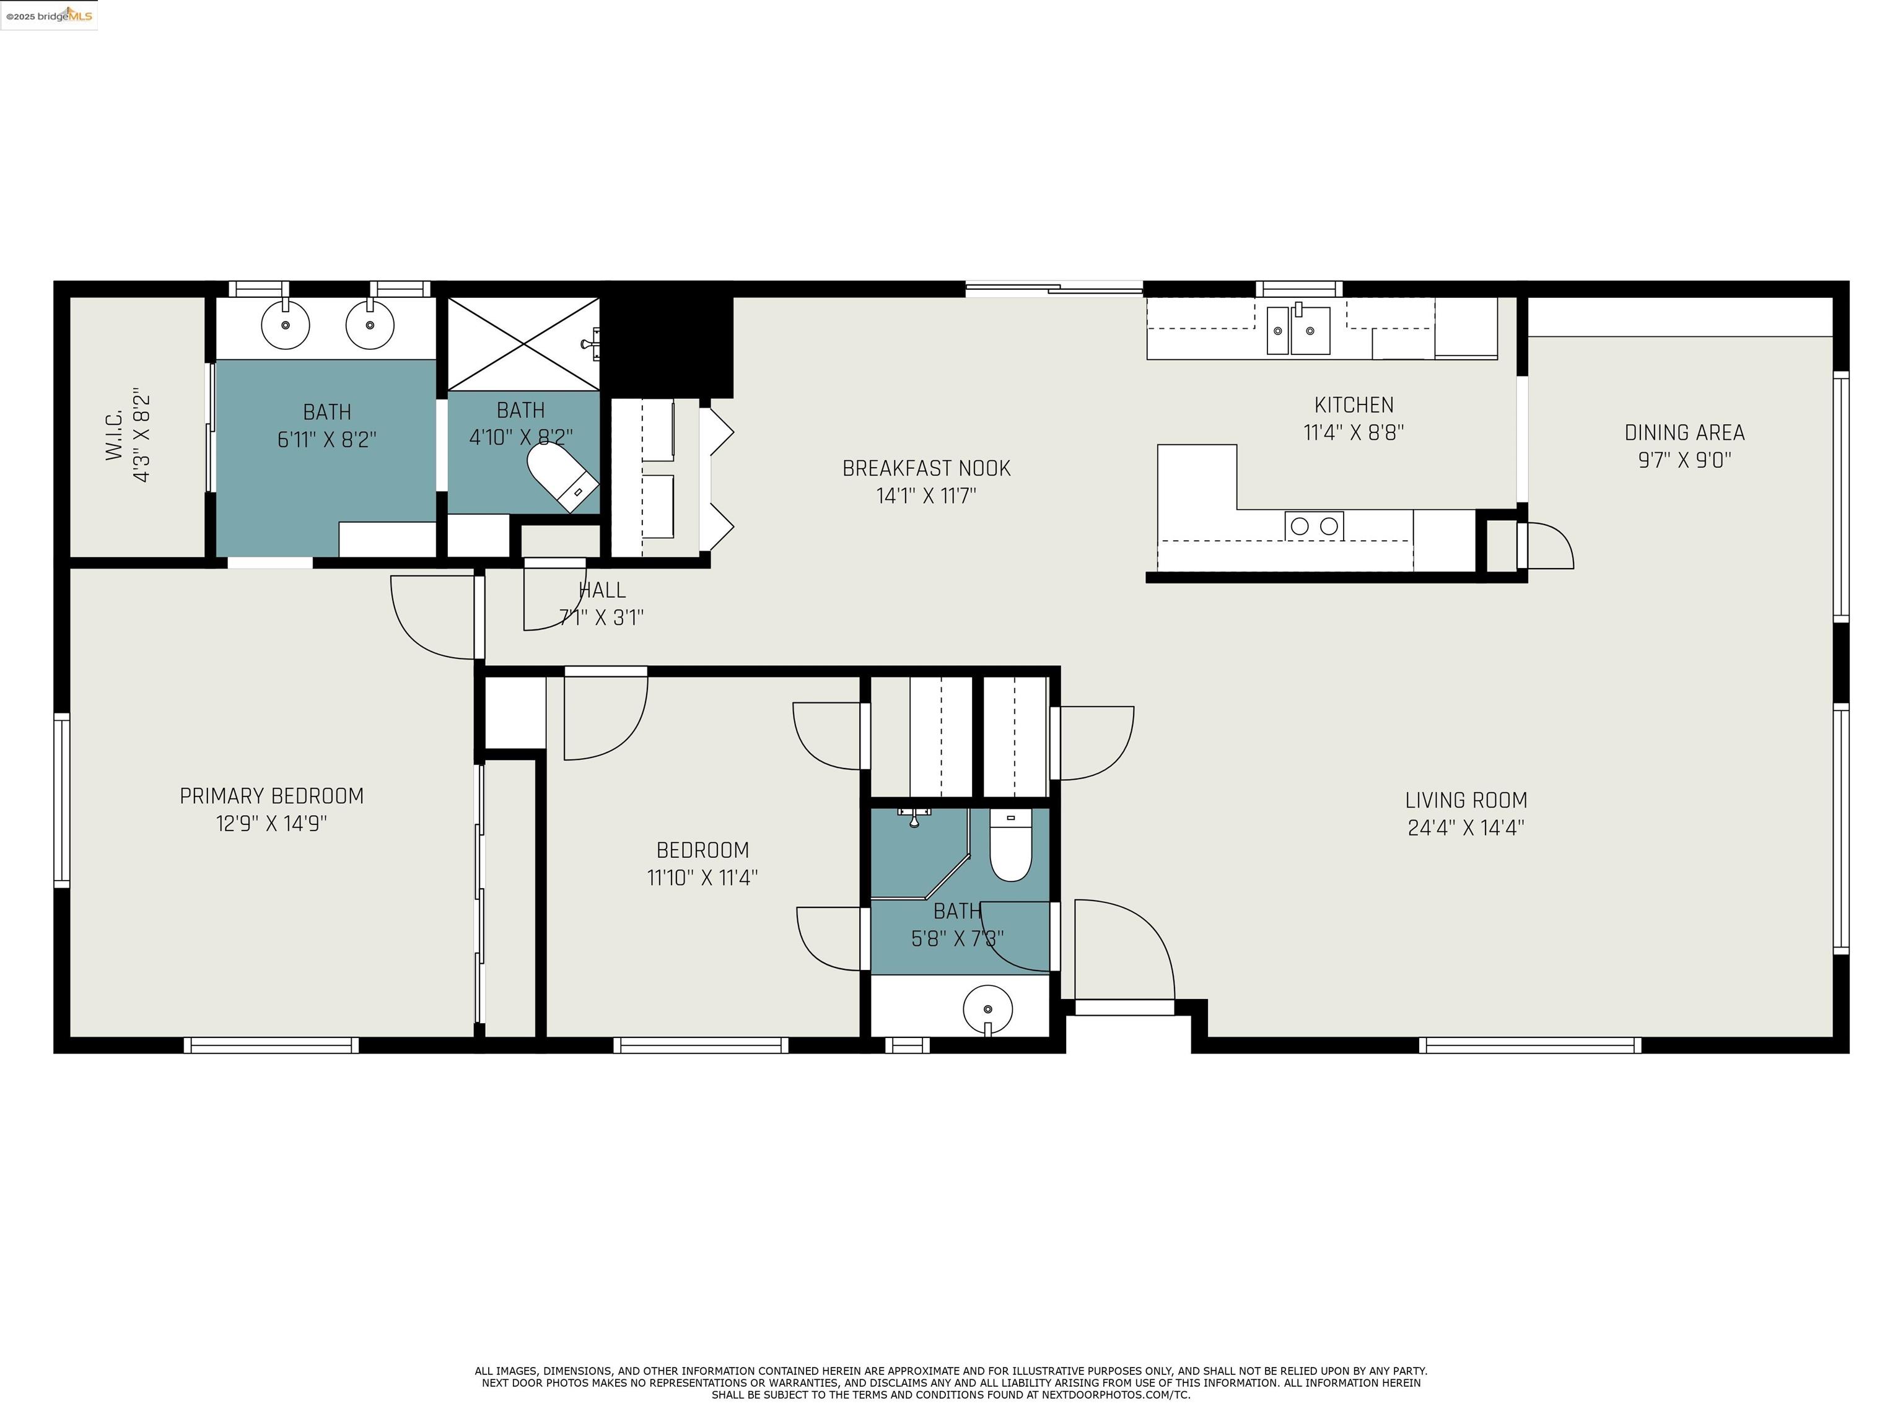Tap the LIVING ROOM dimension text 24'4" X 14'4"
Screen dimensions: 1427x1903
[1465, 827]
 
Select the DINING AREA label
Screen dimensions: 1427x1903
[1684, 433]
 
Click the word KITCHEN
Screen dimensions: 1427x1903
[1354, 405]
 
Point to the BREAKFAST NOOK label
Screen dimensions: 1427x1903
[925, 469]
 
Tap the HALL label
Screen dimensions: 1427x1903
[602, 591]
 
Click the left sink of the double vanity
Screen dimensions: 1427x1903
[285, 325]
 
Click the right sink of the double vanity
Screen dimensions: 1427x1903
[370, 325]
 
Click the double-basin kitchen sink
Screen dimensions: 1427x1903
[1298, 330]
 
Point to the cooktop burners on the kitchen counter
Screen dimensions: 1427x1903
[1314, 526]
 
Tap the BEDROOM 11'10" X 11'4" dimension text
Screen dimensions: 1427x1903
[702, 878]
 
